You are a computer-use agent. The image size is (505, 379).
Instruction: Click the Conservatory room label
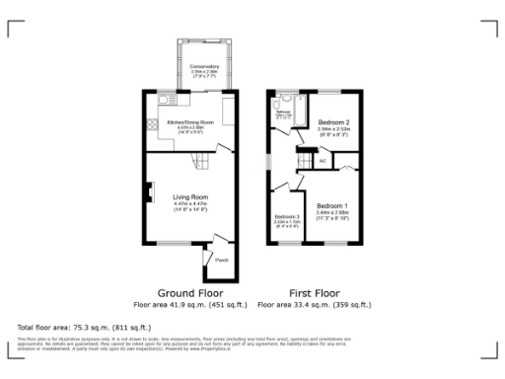(204, 66)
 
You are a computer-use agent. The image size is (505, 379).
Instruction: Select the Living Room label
(189, 196)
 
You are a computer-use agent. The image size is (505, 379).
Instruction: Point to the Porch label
(222, 261)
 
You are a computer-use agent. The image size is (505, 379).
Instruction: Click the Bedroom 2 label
(335, 121)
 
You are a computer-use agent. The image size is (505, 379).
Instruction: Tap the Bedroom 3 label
(286, 216)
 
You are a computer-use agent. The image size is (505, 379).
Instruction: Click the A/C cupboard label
(323, 160)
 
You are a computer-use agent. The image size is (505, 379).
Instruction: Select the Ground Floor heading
(189, 293)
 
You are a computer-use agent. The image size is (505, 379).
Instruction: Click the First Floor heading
(315, 293)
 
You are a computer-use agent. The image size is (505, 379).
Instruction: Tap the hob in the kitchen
(151, 125)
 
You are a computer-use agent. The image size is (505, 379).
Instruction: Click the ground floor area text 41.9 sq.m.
(189, 305)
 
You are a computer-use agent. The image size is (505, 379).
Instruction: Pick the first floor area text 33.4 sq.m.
(315, 305)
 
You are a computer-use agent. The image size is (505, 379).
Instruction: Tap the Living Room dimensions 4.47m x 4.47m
(189, 203)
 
